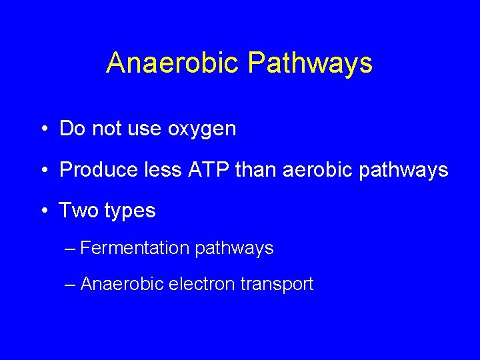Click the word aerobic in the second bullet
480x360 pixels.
tap(317, 170)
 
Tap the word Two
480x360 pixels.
tap(79, 211)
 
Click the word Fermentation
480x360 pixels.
tap(135, 248)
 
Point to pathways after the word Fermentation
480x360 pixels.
tap(235, 249)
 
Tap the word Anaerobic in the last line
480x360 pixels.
tap(122, 284)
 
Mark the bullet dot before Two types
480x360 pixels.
tap(43, 211)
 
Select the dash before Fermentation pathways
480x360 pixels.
tap(71, 249)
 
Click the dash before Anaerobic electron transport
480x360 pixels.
tap(71, 285)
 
